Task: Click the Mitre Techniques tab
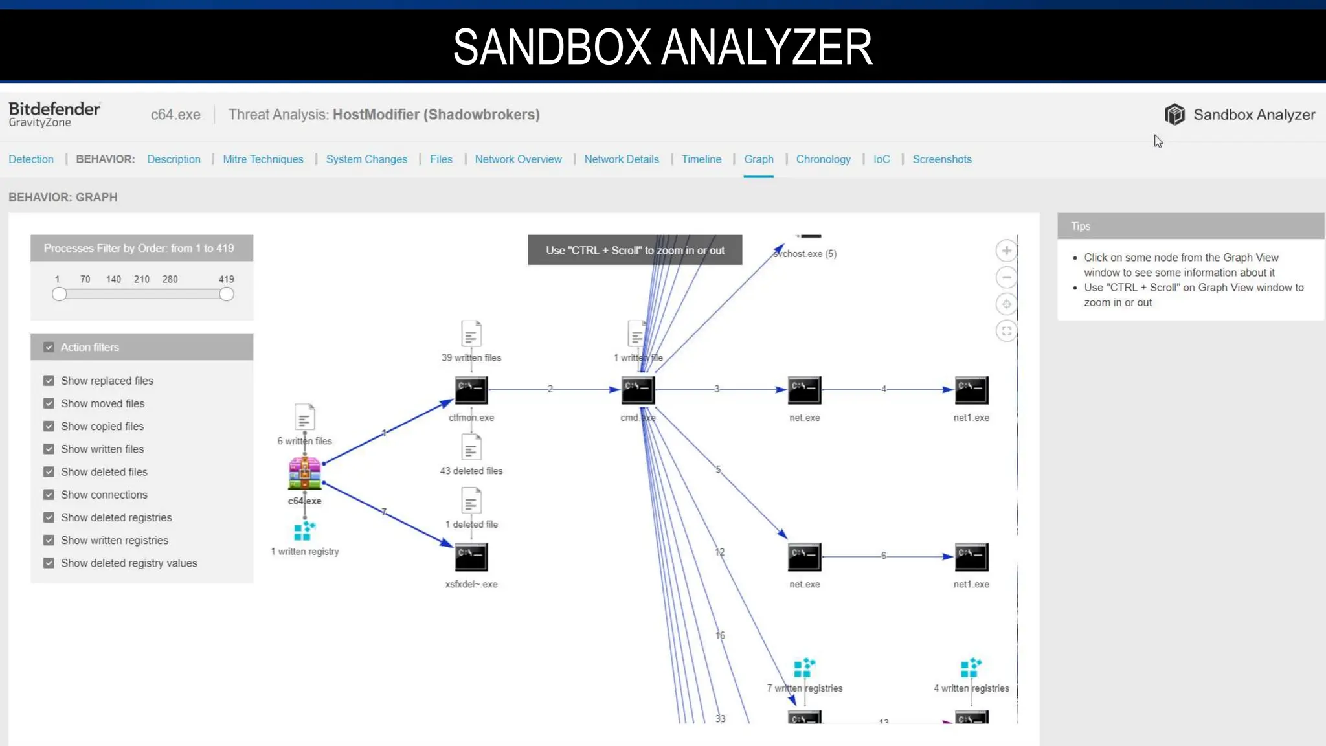pos(263,159)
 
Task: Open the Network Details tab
pos(621,159)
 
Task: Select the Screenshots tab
pos(941,159)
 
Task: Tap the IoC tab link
pos(881,159)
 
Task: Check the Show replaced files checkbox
pos(49,381)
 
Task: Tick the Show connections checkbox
pos(49,495)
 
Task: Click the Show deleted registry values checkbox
pos(49,563)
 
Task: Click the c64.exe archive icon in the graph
pos(304,473)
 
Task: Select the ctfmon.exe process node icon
pos(471,390)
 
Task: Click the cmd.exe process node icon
pos(638,390)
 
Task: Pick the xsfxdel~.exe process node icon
pos(471,557)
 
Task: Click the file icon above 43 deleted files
pos(471,447)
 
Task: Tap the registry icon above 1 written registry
pos(304,531)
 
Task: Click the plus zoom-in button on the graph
pos(1006,251)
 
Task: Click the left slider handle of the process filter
pos(60,295)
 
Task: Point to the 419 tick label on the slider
pos(226,279)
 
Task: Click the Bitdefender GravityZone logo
pos(54,114)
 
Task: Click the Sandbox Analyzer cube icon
pos(1174,115)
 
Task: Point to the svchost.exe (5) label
pos(805,254)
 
